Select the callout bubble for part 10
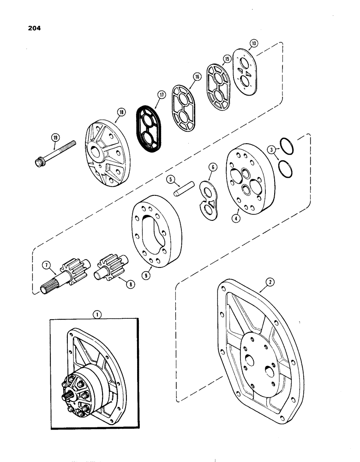point(253,44)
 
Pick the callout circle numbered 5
point(170,179)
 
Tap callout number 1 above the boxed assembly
point(96,314)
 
